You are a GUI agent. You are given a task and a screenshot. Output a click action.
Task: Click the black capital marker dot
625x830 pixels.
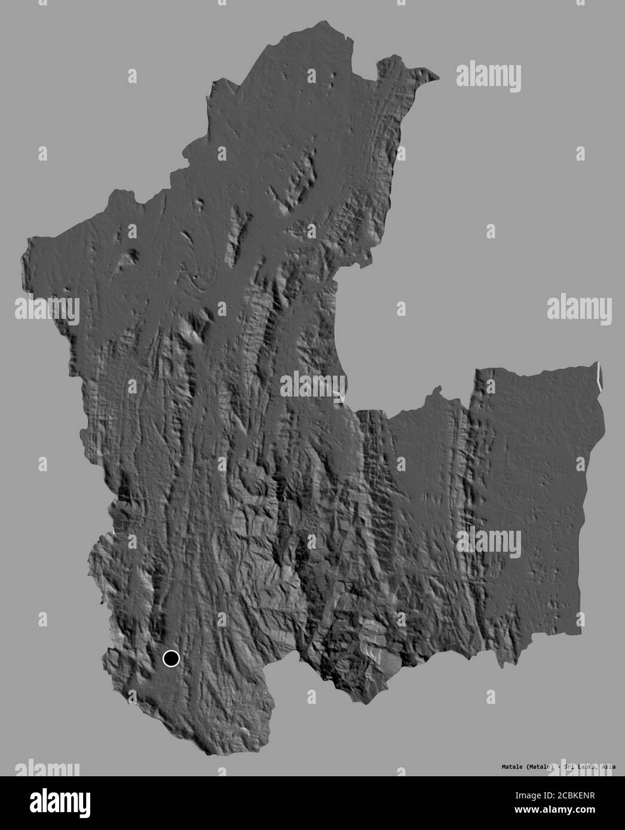(x=171, y=658)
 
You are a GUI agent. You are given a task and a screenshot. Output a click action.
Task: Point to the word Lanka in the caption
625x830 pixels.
(x=582, y=767)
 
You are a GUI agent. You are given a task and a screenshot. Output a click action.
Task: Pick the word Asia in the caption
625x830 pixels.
(x=608, y=767)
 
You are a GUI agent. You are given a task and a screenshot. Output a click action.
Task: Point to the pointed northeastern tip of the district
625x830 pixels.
(x=438, y=77)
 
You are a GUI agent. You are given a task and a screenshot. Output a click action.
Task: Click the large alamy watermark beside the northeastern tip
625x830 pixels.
(x=488, y=76)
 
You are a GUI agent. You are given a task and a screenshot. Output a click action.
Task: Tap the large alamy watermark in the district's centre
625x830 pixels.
(x=312, y=385)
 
